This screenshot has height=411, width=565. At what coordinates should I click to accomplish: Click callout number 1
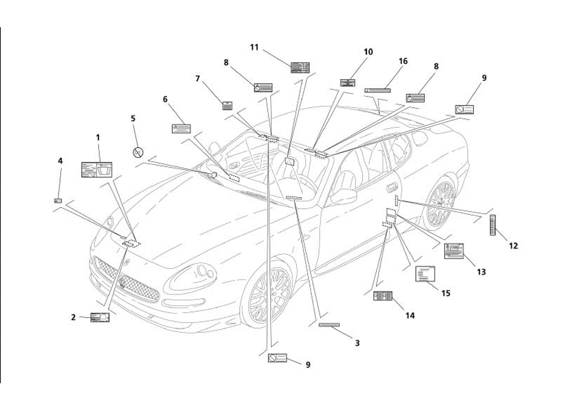click(98, 138)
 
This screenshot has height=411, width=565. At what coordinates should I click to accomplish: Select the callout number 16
click(403, 61)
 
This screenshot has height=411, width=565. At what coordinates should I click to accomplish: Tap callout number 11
click(254, 47)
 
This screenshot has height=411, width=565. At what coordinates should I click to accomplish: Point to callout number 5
click(133, 118)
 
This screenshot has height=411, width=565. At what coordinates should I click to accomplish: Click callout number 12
click(513, 246)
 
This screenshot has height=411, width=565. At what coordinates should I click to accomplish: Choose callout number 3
click(357, 343)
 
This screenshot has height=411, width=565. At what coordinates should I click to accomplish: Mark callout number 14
click(409, 315)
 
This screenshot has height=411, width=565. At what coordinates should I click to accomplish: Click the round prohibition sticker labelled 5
click(138, 152)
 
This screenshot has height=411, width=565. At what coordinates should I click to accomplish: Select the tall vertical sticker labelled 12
click(493, 225)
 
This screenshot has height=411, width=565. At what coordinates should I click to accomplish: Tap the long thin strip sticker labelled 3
click(329, 325)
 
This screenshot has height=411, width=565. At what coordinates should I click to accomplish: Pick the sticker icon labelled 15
click(425, 274)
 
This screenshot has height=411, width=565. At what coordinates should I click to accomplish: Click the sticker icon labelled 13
click(454, 251)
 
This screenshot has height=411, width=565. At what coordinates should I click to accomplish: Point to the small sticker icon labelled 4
click(58, 200)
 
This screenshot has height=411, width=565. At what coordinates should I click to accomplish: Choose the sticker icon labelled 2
click(100, 317)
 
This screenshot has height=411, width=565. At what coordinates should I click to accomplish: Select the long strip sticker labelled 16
click(378, 90)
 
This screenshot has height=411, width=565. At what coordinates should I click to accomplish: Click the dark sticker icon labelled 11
click(300, 67)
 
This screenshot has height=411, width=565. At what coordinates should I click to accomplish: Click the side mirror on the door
click(344, 196)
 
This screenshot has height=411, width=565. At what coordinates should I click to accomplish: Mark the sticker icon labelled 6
click(181, 128)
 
